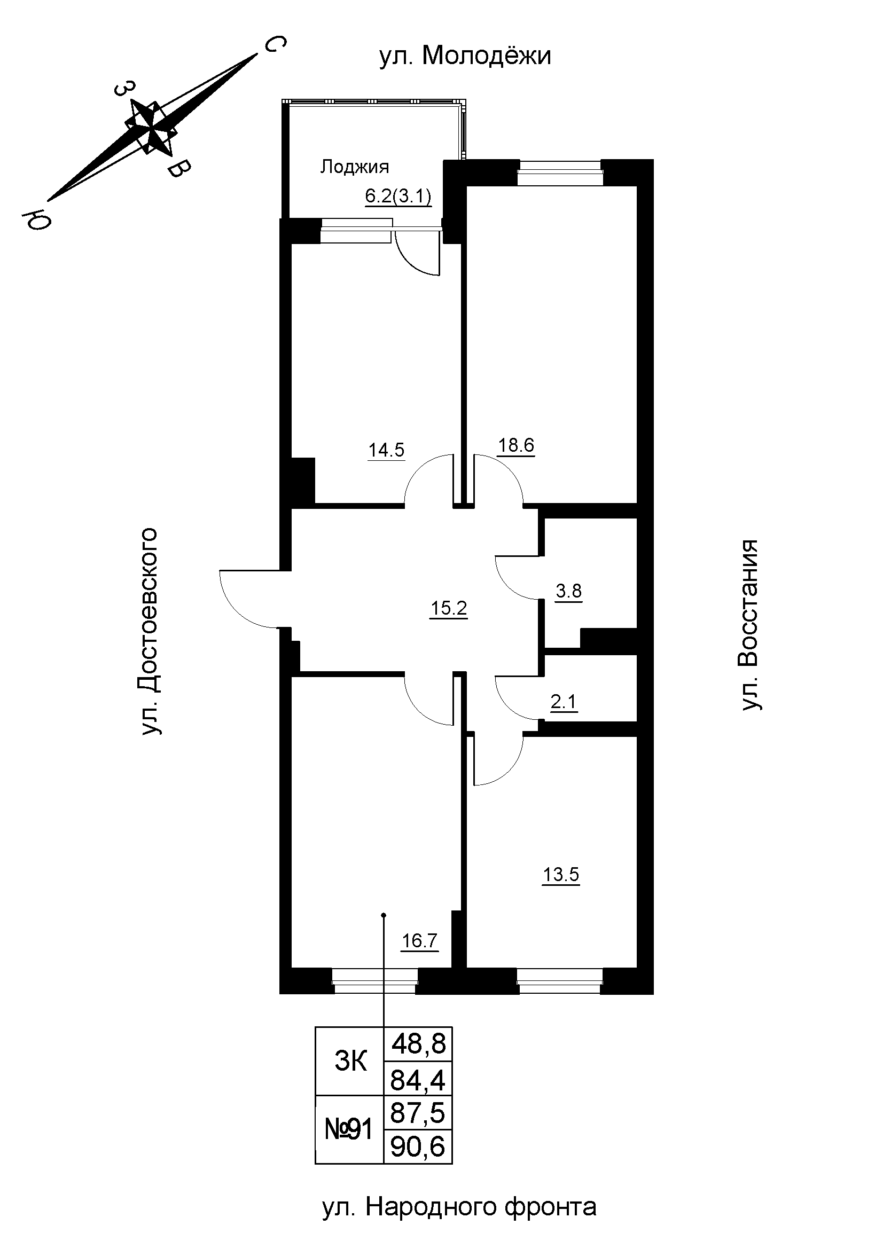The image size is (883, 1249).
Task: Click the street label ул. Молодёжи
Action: (465, 56)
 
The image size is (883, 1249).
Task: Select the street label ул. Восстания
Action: (749, 625)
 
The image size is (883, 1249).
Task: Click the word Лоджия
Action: (354, 167)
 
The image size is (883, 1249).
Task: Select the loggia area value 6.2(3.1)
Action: (398, 197)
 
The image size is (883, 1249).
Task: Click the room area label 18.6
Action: (517, 445)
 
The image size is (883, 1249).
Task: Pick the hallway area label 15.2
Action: (449, 608)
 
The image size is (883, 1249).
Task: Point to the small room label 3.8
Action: (568, 590)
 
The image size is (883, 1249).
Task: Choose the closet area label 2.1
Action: (564, 702)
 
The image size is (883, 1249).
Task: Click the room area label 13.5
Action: (561, 875)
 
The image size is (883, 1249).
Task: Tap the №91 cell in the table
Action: (349, 1129)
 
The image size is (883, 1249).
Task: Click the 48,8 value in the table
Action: (418, 1044)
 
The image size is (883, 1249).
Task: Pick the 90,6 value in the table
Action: (418, 1146)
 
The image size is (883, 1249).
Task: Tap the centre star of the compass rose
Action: (151, 128)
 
